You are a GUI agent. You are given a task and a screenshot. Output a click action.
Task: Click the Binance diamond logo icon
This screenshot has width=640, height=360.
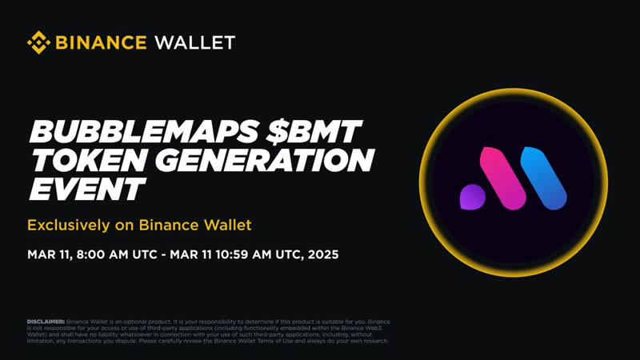pyautogui.click(x=38, y=42)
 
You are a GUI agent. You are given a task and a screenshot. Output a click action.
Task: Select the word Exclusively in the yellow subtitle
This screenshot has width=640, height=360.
pyautogui.click(x=66, y=225)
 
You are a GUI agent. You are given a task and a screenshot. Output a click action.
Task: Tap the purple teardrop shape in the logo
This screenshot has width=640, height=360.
pyautogui.click(x=472, y=195)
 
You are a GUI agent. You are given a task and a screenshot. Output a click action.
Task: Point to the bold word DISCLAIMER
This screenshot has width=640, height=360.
pyautogui.click(x=46, y=322)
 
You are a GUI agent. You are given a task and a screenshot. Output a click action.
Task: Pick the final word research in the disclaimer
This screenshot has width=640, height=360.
pyautogui.click(x=373, y=342)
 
